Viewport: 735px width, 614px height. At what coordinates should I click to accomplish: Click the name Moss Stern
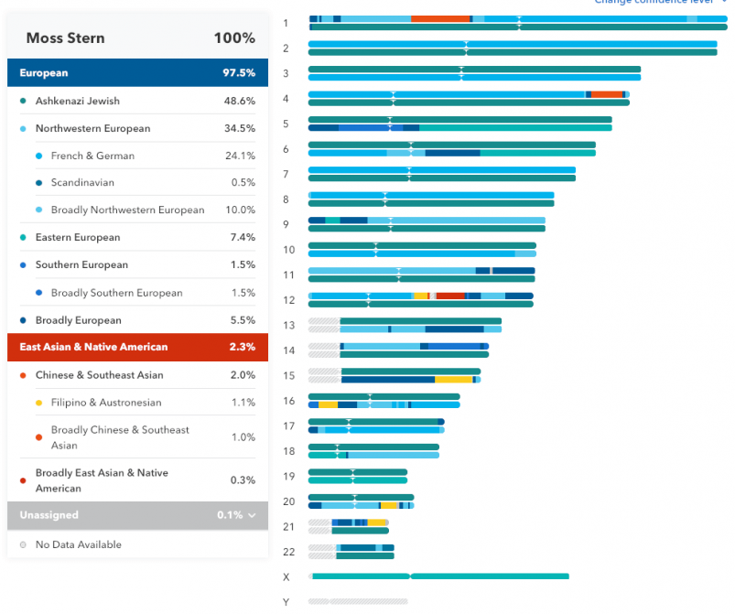[65, 38]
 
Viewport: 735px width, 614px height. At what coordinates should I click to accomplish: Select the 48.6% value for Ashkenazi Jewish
[239, 101]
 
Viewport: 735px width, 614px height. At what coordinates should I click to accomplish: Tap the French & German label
[92, 156]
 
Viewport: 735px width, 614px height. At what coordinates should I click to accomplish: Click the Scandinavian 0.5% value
[243, 183]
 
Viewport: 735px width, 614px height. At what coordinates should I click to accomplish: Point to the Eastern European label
[78, 238]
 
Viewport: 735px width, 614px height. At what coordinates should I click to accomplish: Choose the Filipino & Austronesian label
[106, 403]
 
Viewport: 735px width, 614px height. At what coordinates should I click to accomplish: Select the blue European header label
[44, 73]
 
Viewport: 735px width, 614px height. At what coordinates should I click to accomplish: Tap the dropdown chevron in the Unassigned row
[252, 515]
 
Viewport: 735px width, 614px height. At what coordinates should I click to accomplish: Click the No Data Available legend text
[78, 544]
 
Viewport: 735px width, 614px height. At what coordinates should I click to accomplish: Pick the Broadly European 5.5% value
[242, 320]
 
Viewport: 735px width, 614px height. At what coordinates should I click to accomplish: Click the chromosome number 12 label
[288, 300]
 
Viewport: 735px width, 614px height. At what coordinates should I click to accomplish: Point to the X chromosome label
[286, 576]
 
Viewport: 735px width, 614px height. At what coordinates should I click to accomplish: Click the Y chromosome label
[286, 601]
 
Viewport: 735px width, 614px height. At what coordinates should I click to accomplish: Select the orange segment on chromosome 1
[440, 18]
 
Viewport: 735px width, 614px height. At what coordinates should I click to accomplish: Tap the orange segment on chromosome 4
[606, 94]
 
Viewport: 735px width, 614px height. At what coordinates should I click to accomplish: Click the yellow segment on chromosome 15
[453, 379]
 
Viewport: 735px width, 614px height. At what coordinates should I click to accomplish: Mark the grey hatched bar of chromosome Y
[357, 601]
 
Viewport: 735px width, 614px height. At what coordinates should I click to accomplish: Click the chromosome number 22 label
[288, 552]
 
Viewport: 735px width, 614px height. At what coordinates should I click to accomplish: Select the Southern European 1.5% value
[243, 264]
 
